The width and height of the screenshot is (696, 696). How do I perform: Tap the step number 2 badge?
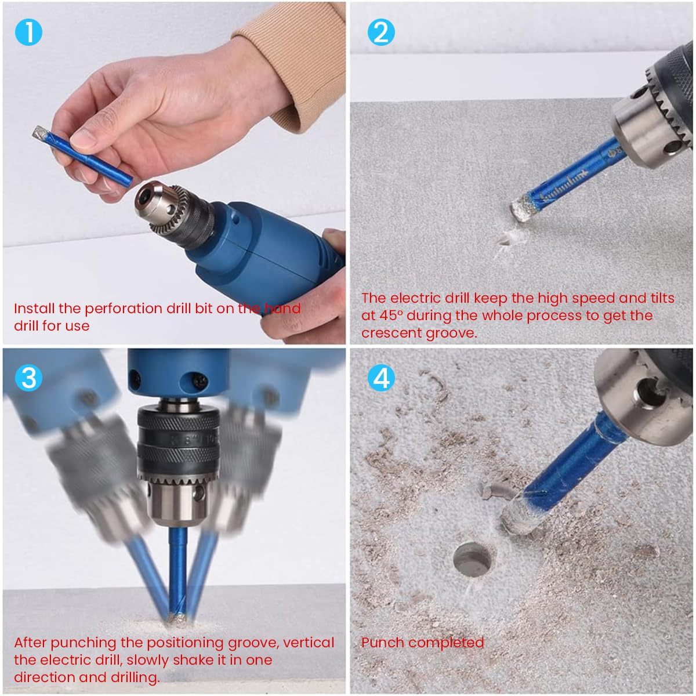pyautogui.click(x=381, y=32)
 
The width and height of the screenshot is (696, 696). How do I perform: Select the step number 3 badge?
pyautogui.click(x=28, y=378)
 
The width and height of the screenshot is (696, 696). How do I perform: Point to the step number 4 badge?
pyautogui.click(x=381, y=378)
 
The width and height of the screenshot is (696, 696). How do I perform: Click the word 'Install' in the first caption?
pyautogui.click(x=34, y=309)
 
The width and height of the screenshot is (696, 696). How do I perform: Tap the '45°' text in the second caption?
pyautogui.click(x=388, y=316)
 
